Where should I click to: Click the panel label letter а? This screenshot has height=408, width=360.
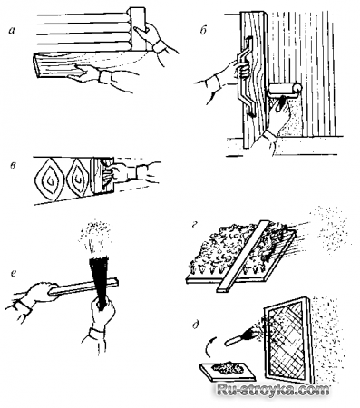[x=12, y=30]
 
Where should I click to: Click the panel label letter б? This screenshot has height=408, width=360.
[x=203, y=31]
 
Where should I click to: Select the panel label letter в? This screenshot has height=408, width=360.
[x=13, y=166]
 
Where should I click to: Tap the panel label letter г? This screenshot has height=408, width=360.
[x=195, y=225]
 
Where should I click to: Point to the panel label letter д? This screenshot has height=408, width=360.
[x=196, y=325]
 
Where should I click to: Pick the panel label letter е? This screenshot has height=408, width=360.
[x=13, y=274]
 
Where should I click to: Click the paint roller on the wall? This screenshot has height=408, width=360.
[x=285, y=90]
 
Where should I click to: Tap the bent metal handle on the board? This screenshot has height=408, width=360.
[x=247, y=75]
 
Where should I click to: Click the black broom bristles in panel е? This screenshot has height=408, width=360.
[x=99, y=277]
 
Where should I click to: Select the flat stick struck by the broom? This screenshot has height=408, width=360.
[x=83, y=287]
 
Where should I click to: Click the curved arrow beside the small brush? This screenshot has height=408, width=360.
[x=208, y=348]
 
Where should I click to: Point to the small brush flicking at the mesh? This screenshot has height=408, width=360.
[x=241, y=338]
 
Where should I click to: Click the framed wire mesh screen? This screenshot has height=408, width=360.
[x=288, y=338]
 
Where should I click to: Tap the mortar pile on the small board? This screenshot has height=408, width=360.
[x=225, y=368]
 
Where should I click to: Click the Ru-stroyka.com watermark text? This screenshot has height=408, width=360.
[x=273, y=390]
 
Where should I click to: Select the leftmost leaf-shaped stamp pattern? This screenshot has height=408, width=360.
[x=50, y=180]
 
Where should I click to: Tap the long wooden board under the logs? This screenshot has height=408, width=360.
[x=88, y=65]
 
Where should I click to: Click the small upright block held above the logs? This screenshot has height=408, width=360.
[x=137, y=29]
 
